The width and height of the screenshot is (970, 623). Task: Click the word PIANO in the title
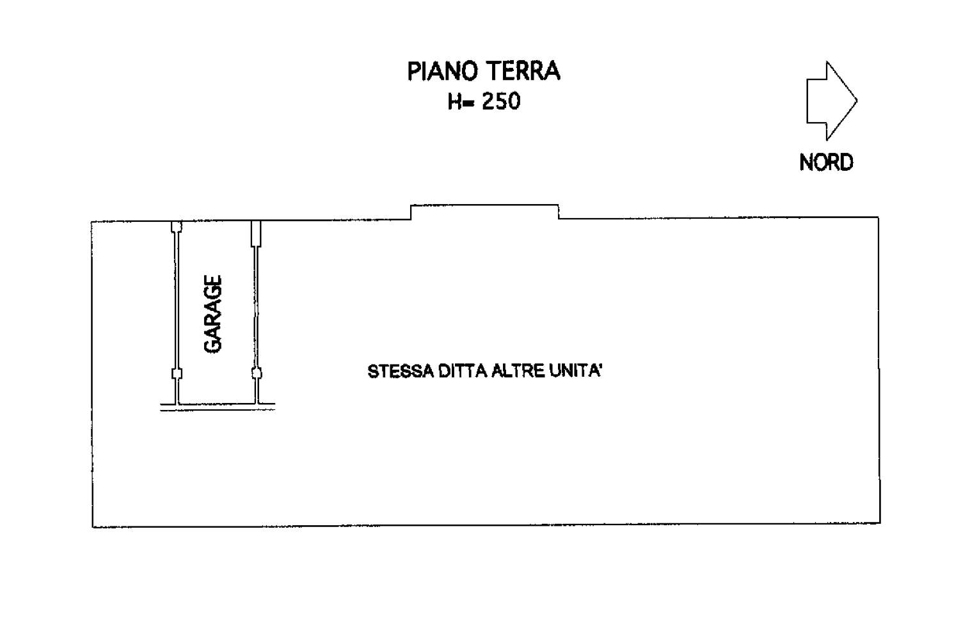coord(441,72)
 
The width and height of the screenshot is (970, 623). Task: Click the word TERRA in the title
coord(523,72)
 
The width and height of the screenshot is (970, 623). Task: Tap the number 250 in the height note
coord(501,102)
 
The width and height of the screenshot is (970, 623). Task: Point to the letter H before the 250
coord(454,102)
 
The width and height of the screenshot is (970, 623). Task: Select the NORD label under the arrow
coord(826,162)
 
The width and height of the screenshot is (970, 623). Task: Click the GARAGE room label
coord(212,314)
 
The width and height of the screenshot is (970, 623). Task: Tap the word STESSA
coord(401,372)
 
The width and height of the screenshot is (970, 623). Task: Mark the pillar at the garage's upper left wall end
coord(177,227)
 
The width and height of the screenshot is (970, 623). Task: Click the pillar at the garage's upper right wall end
coord(257,234)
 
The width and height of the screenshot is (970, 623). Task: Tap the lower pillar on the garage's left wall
coord(177,374)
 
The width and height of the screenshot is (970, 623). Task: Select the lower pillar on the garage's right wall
coord(257,373)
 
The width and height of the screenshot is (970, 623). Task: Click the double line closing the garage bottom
coord(218,407)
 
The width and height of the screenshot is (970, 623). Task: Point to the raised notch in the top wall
coord(484,205)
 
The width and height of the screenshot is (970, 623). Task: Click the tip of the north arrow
coord(857,101)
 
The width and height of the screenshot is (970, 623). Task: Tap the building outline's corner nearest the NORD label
coord(879,217)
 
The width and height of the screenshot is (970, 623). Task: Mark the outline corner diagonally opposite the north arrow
coord(92,527)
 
